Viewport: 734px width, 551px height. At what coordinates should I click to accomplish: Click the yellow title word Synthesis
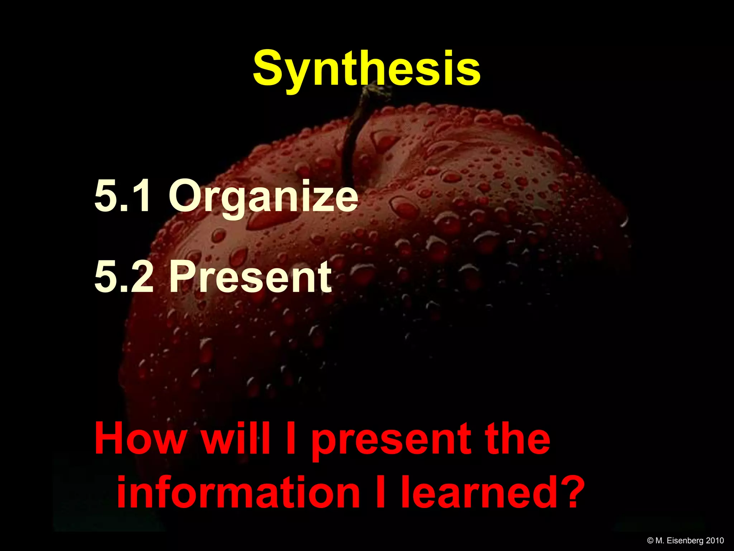(x=366, y=68)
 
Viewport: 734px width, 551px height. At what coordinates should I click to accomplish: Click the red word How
(x=140, y=439)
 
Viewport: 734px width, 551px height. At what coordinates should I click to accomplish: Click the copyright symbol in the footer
(x=650, y=541)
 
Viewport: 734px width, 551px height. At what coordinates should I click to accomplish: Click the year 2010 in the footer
(x=715, y=541)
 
